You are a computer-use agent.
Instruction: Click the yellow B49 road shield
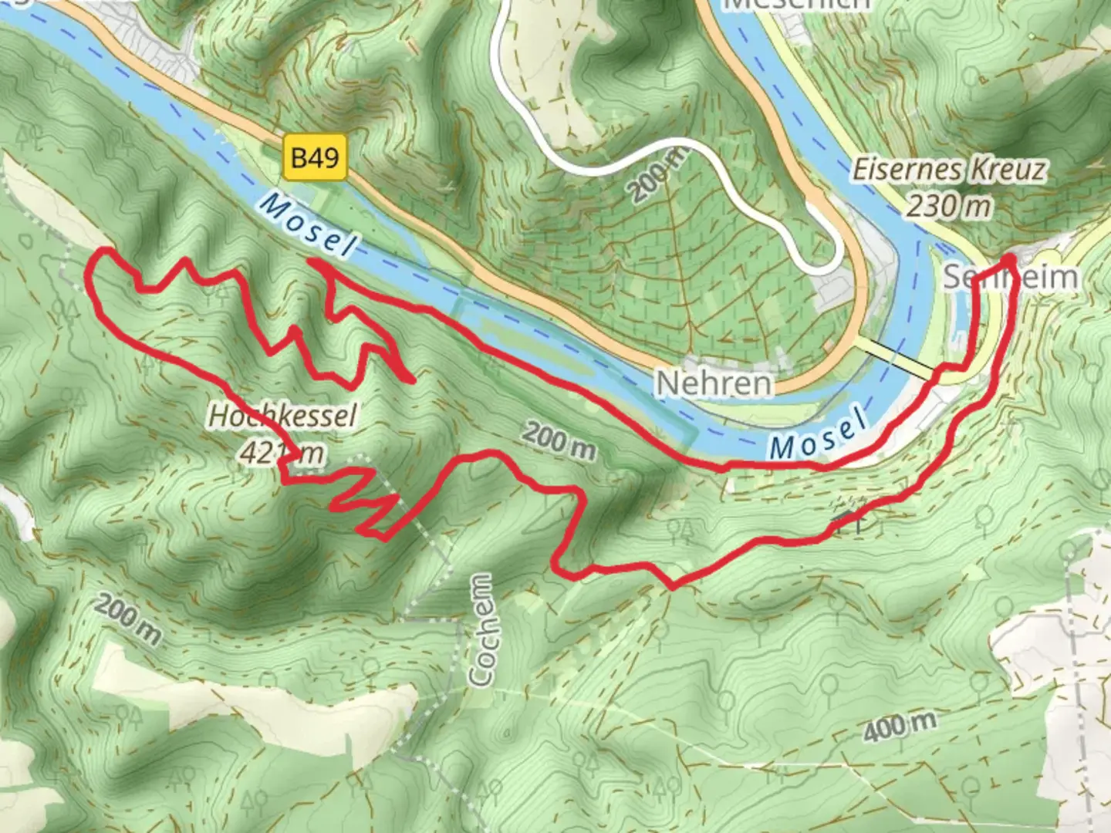point(315,158)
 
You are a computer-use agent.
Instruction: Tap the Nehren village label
point(714,383)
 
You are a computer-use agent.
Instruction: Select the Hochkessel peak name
point(282,416)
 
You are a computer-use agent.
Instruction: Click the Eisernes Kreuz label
point(948,170)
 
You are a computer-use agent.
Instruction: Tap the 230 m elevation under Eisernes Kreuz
point(948,206)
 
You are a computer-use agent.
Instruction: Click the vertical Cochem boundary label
point(481,630)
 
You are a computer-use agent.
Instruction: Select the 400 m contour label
point(899,727)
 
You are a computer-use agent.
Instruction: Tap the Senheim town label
point(1011,277)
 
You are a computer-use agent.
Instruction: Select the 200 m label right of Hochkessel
point(559,441)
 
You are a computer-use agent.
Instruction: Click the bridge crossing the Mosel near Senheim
point(895,356)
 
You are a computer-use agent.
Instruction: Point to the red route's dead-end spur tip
point(412,380)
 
